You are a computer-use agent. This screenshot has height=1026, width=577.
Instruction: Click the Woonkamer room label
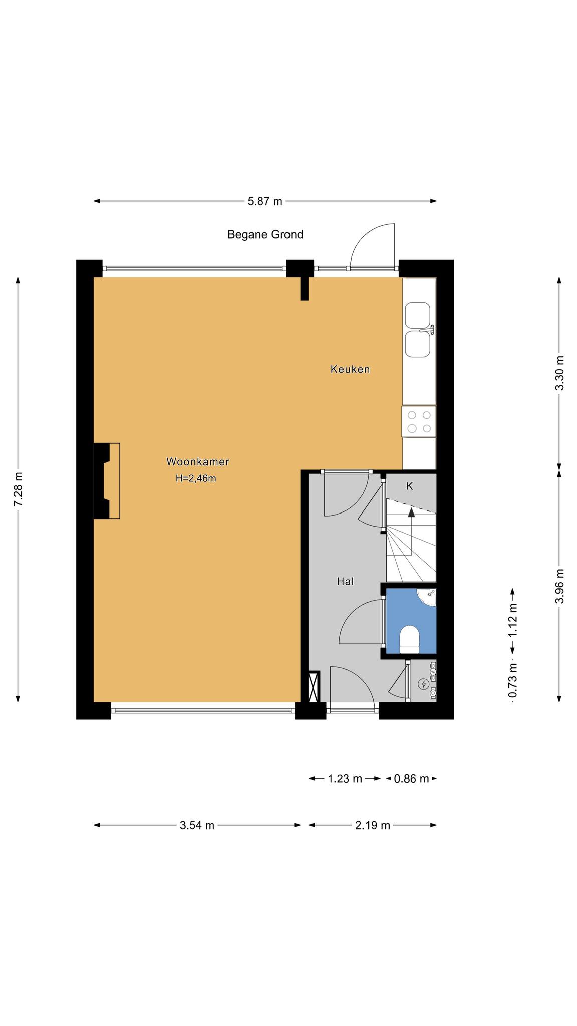(198, 461)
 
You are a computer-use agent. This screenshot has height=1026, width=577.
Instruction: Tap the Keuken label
(350, 369)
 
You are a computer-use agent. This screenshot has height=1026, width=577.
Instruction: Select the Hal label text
(346, 581)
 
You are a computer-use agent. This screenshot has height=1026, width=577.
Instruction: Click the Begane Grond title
(265, 234)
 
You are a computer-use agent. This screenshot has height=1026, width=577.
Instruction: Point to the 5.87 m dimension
(265, 201)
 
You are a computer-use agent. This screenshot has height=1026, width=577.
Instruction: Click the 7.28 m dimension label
(18, 489)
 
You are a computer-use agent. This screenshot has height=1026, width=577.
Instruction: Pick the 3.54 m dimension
(197, 825)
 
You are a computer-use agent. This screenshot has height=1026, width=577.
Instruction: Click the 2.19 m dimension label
(373, 825)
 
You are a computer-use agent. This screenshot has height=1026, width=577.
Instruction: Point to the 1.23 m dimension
(345, 779)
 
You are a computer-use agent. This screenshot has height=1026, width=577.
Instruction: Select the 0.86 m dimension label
(412, 779)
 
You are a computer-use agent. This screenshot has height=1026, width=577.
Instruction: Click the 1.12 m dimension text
(513, 621)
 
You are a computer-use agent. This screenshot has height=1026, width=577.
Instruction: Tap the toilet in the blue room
(409, 640)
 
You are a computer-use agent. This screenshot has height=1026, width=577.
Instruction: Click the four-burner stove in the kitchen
(419, 421)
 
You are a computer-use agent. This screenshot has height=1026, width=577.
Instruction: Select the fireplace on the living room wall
(107, 480)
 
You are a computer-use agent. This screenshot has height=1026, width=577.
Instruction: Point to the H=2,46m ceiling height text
(196, 478)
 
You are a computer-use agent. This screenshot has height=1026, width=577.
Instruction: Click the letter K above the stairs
(409, 486)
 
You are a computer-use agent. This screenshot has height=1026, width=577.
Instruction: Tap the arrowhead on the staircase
(412, 511)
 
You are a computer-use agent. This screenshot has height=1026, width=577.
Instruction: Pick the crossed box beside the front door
(314, 687)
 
